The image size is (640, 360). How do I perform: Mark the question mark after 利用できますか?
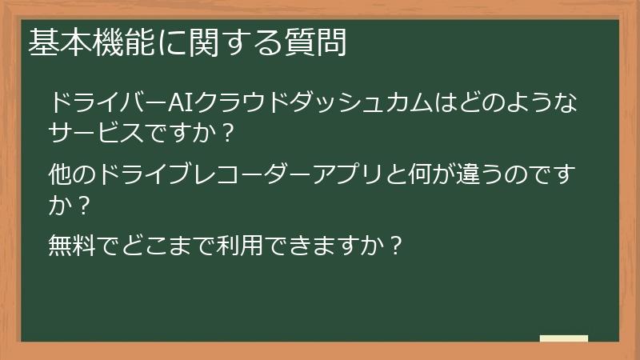(x=393, y=243)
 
